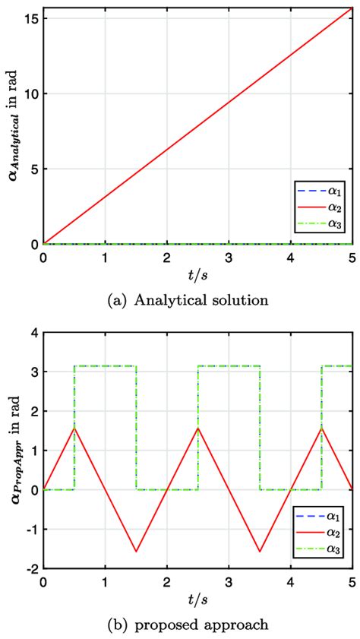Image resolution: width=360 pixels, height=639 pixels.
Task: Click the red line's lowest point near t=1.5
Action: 136,552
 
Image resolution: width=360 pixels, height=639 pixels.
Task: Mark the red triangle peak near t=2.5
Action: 198,428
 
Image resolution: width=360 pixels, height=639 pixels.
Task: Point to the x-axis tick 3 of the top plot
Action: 229,257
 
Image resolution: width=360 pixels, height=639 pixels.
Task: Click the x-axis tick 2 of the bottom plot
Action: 167,581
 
